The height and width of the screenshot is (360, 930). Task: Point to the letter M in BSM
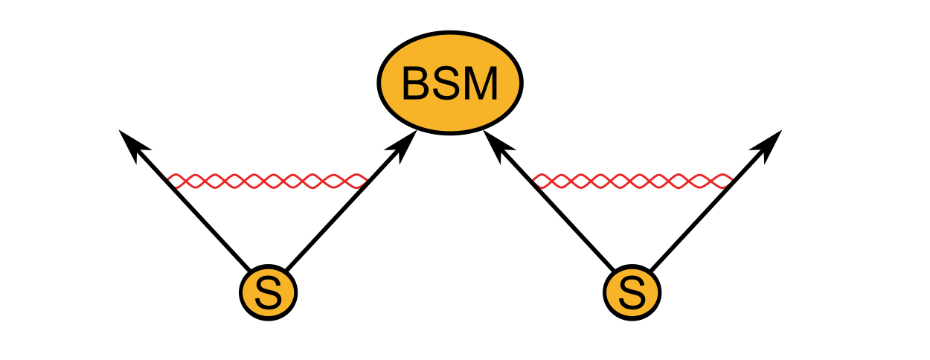coord(481,84)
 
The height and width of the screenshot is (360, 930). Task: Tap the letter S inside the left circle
coord(268,293)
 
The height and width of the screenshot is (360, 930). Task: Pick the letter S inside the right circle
coord(632,293)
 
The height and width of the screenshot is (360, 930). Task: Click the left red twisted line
coord(268,181)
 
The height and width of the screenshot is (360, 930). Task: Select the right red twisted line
coord(632,181)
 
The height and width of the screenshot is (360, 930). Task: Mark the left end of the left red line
coord(169,179)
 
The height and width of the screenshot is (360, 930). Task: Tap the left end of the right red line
coord(533,179)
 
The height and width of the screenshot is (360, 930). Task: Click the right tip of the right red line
coord(731,179)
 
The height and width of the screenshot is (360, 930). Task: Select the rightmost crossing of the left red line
coord(350,181)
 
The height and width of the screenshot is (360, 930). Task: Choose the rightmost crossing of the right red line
coord(715,181)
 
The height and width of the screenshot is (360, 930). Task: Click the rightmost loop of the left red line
coord(359,181)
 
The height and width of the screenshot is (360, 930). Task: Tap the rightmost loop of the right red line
coord(723,181)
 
